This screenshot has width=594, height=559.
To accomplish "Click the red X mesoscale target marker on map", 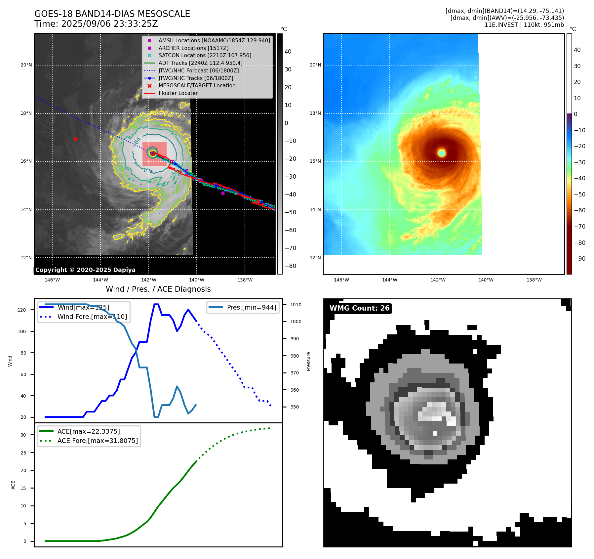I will tap(76, 139).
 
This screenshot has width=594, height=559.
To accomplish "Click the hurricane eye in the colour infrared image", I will tap(442, 153).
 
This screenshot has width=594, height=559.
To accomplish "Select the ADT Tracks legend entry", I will tap(200, 63).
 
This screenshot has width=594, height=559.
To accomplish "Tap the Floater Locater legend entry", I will tap(178, 93).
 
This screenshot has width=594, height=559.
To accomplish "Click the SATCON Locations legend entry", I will tap(205, 55).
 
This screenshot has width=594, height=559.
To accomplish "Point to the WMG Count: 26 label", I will tap(359, 308).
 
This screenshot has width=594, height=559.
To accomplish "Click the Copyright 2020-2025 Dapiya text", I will tap(85, 270).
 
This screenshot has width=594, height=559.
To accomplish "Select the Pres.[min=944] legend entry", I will tap(251, 307).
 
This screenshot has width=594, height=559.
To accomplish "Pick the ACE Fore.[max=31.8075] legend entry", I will tap(98, 441).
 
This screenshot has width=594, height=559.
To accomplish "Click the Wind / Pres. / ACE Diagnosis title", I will tap(158, 289).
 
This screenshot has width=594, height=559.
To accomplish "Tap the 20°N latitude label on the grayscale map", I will tap(26, 65).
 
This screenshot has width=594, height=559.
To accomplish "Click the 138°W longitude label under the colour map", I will tap(534, 280).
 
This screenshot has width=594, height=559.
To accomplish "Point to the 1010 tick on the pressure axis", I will tap(296, 305).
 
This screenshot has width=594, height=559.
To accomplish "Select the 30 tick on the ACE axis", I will tap(23, 435).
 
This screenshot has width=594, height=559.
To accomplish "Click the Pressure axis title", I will tap(308, 361).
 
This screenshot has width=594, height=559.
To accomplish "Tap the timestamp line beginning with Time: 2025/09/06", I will tap(96, 24).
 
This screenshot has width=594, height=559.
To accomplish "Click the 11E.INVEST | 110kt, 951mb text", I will tap(524, 25).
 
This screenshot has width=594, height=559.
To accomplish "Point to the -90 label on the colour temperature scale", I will tap(579, 259).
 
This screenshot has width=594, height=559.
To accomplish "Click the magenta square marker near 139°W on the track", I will tap(223, 193).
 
